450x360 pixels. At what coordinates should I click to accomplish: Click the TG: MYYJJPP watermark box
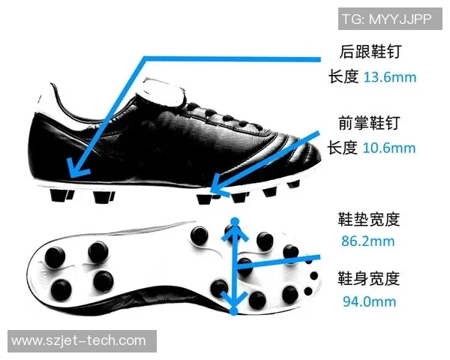coord(390,19)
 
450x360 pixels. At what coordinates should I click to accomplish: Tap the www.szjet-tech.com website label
coord(82,341)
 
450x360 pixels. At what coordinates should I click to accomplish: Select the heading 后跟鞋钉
coord(370,52)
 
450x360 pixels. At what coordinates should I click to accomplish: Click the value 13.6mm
coord(390,77)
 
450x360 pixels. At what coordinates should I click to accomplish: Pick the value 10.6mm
coord(389,148)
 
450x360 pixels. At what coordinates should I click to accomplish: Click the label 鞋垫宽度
coord(369,219)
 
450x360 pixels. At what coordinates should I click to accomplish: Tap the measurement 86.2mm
coord(368,241)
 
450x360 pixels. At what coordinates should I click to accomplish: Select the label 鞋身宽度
coord(369,278)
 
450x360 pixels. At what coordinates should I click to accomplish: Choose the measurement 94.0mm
coord(369,301)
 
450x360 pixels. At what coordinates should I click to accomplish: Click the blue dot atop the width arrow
coord(235,221)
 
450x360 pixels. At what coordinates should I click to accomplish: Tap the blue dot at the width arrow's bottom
coord(234,311)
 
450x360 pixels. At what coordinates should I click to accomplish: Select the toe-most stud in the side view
coord(293,184)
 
